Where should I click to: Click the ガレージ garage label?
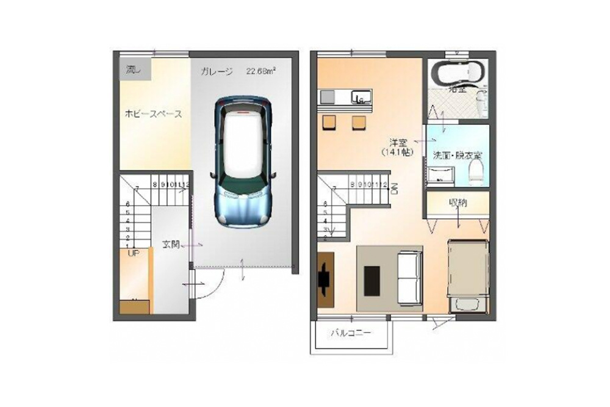217,72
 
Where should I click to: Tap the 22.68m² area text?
261,71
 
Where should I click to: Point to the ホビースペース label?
154,114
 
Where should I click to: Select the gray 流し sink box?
132,70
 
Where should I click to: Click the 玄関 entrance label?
170,244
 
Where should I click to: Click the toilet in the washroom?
476,171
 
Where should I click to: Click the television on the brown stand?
324,279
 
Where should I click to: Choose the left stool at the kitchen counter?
329,123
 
